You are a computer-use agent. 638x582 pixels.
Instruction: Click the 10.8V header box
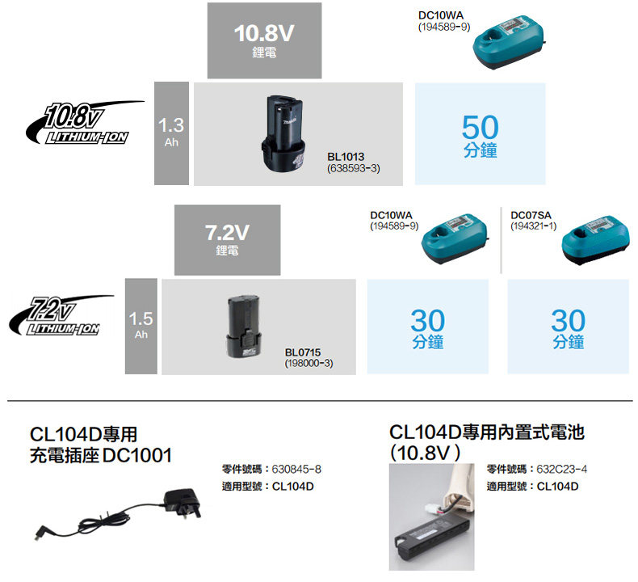[264, 40]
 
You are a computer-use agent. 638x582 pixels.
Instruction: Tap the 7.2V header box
[227, 239]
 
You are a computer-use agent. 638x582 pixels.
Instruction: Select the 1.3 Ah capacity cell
[171, 133]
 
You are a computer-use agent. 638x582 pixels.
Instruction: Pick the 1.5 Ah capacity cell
[141, 326]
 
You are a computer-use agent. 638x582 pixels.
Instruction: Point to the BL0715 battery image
[246, 326]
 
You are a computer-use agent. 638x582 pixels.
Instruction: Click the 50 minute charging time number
[481, 126]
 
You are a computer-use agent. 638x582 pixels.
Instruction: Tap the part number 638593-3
[354, 168]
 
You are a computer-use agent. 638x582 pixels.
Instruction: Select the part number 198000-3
[309, 365]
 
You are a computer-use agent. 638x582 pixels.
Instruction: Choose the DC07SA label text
[530, 215]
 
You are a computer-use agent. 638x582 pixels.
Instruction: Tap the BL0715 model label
[303, 353]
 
